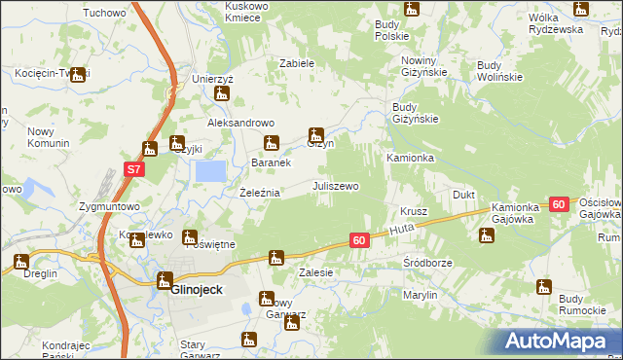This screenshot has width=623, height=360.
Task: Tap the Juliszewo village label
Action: [x=335, y=185]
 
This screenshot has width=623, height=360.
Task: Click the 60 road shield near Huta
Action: [x=358, y=239]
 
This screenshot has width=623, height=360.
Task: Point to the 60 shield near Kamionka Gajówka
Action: [x=558, y=204]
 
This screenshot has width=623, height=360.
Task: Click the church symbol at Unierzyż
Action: [x=222, y=94]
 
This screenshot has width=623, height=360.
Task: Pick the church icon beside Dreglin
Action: [x=21, y=261]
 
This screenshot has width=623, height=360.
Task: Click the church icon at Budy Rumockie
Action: [x=543, y=286]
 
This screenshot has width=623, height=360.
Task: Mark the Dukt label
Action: [x=463, y=195]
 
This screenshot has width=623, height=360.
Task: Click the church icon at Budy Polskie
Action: [x=411, y=9]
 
